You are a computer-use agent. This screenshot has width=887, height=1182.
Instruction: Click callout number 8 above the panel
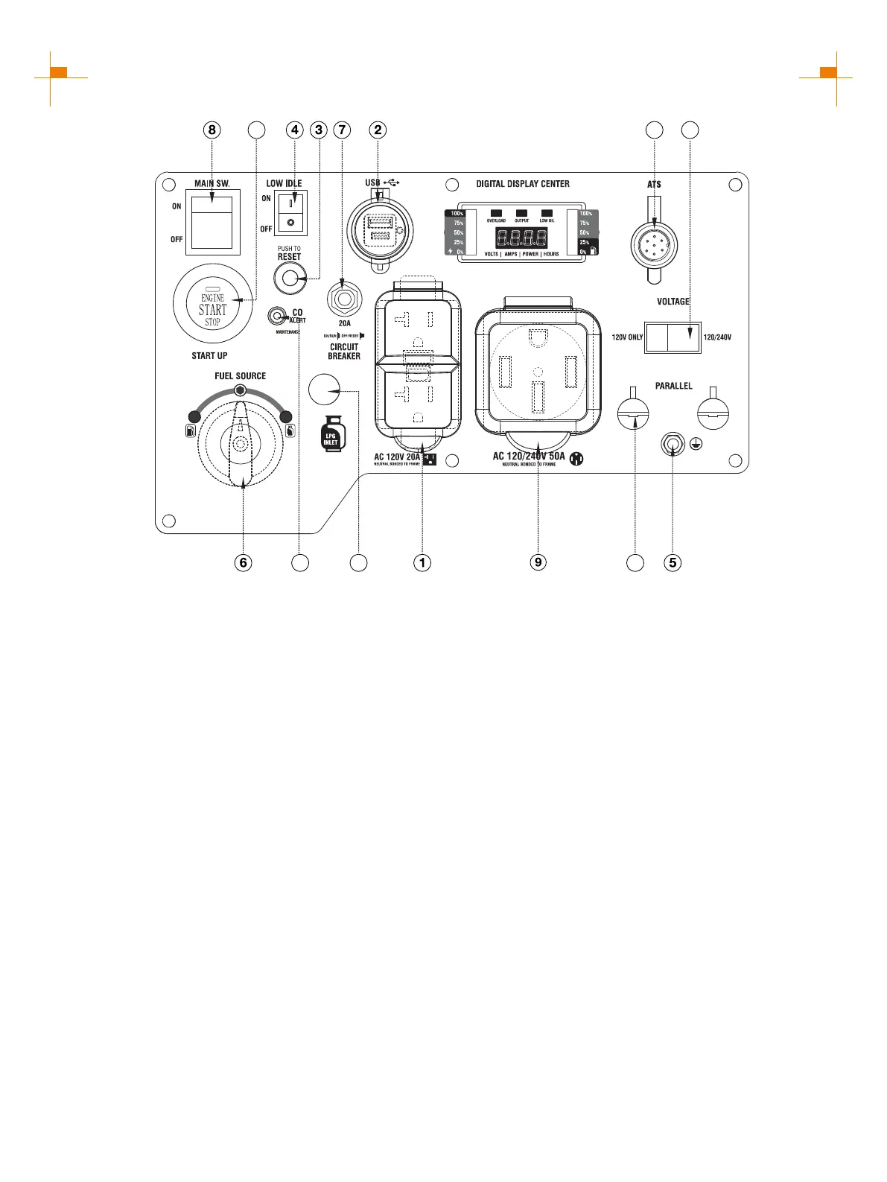coord(212,130)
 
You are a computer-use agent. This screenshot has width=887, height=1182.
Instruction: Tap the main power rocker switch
coord(212,222)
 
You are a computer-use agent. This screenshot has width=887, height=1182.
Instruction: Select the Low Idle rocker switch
coord(290,212)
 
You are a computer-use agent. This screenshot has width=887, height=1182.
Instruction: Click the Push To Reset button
coord(290,279)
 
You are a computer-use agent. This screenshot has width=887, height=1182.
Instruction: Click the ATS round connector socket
coord(654,244)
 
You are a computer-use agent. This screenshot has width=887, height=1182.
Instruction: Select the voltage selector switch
coord(673,337)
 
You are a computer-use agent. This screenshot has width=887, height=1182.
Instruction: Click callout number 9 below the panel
coord(538,562)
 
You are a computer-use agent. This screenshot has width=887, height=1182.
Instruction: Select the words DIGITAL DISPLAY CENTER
coord(523,184)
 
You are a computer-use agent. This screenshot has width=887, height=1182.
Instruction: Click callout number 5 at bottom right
coord(673,562)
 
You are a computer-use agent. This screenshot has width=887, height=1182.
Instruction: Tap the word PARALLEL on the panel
coord(673,386)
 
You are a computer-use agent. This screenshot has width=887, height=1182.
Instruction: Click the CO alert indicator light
coord(277,317)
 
